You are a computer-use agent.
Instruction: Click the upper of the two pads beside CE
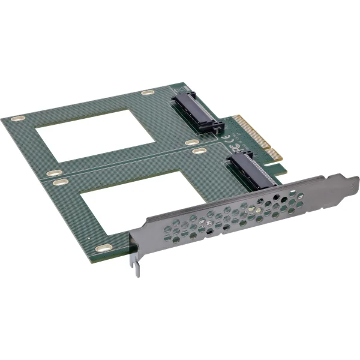[x=191, y=142]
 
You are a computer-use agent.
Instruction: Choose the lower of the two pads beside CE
[x=199, y=150]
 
